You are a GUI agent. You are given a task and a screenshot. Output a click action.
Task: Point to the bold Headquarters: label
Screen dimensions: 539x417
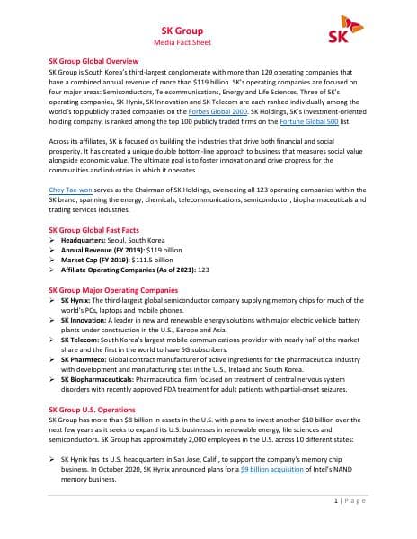point(88,241)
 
